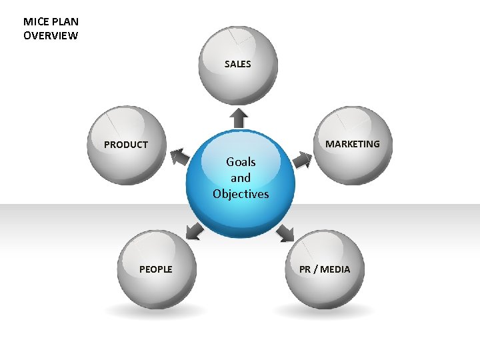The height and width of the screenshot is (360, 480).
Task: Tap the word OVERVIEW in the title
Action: [50, 35]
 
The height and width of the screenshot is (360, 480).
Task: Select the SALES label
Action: [238, 64]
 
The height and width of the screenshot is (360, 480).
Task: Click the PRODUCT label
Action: [126, 145]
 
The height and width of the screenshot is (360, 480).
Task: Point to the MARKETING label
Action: [353, 144]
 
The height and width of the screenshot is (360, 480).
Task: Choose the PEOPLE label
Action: [155, 269]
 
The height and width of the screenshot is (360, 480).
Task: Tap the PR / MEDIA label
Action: [324, 269]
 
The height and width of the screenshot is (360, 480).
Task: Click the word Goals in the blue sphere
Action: [241, 161]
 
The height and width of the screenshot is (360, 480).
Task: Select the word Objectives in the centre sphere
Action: [241, 194]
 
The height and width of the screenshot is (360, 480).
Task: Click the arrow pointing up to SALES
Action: [240, 118]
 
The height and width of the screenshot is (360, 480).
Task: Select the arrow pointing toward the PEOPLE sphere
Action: [194, 231]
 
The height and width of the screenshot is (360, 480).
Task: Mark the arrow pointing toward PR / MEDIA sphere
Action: [285, 232]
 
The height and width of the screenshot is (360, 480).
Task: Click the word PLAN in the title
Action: [65, 22]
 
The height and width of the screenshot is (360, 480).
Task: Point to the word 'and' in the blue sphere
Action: [241, 178]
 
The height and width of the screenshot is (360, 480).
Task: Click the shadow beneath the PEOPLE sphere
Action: [156, 311]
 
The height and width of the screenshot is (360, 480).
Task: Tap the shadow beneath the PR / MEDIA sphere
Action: [325, 311]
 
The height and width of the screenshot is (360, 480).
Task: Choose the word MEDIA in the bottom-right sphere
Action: [334, 269]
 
